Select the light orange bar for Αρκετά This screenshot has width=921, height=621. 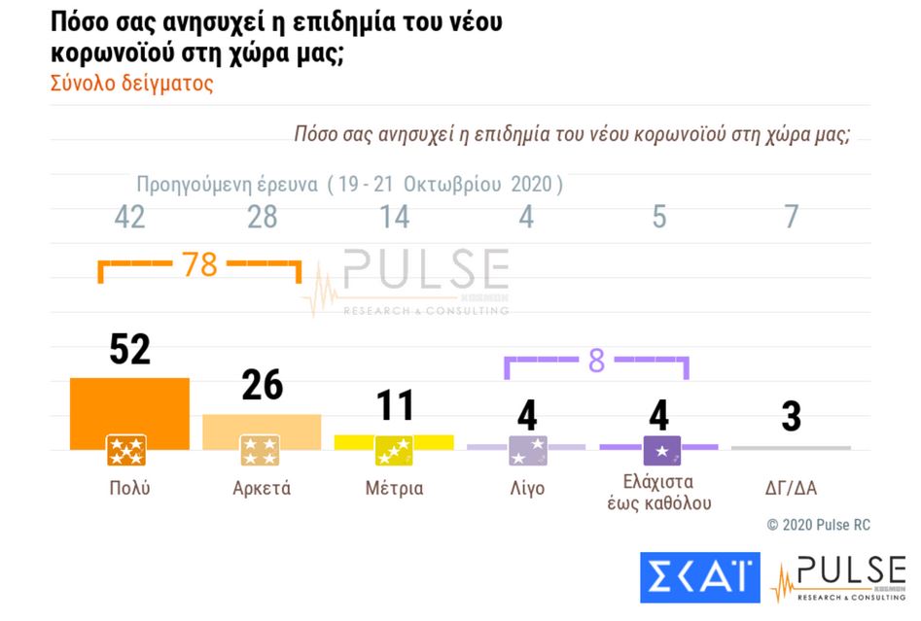coord(262,427)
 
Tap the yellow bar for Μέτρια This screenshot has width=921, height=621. coord(394,440)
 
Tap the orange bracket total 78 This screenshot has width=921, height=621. coord(200,265)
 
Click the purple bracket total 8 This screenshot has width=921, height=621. coord(596,362)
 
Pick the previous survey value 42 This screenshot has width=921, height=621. coord(129,217)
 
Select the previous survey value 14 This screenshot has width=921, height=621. coord(394,217)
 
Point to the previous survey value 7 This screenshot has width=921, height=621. coord(791,217)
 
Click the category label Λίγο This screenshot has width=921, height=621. coord(526,488)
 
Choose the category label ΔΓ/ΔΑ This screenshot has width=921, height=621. coord(791,488)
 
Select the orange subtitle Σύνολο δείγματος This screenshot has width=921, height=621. coord(131,84)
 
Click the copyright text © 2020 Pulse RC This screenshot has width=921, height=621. coord(818,525)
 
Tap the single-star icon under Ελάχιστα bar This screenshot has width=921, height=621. coord(661,450)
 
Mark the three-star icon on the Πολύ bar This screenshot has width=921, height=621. coord(126,450)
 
